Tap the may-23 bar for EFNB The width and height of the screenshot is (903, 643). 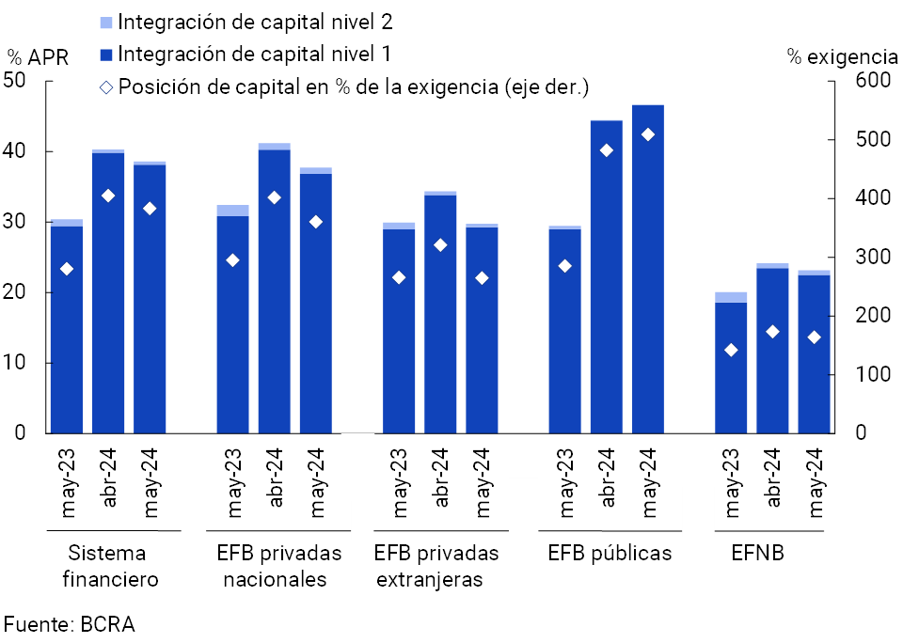coord(731,367)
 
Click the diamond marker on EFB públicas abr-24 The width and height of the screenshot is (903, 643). coord(607,150)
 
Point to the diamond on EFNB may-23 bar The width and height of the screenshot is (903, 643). coord(731,350)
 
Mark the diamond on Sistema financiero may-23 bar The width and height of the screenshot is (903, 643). coord(66,269)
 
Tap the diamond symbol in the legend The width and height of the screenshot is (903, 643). coord(106,88)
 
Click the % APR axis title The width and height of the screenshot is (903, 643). coord(38,57)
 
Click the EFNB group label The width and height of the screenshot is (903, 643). coord(757,553)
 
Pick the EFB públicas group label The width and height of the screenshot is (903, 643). coord(610,553)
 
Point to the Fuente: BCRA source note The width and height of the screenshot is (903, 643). coord(70,624)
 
